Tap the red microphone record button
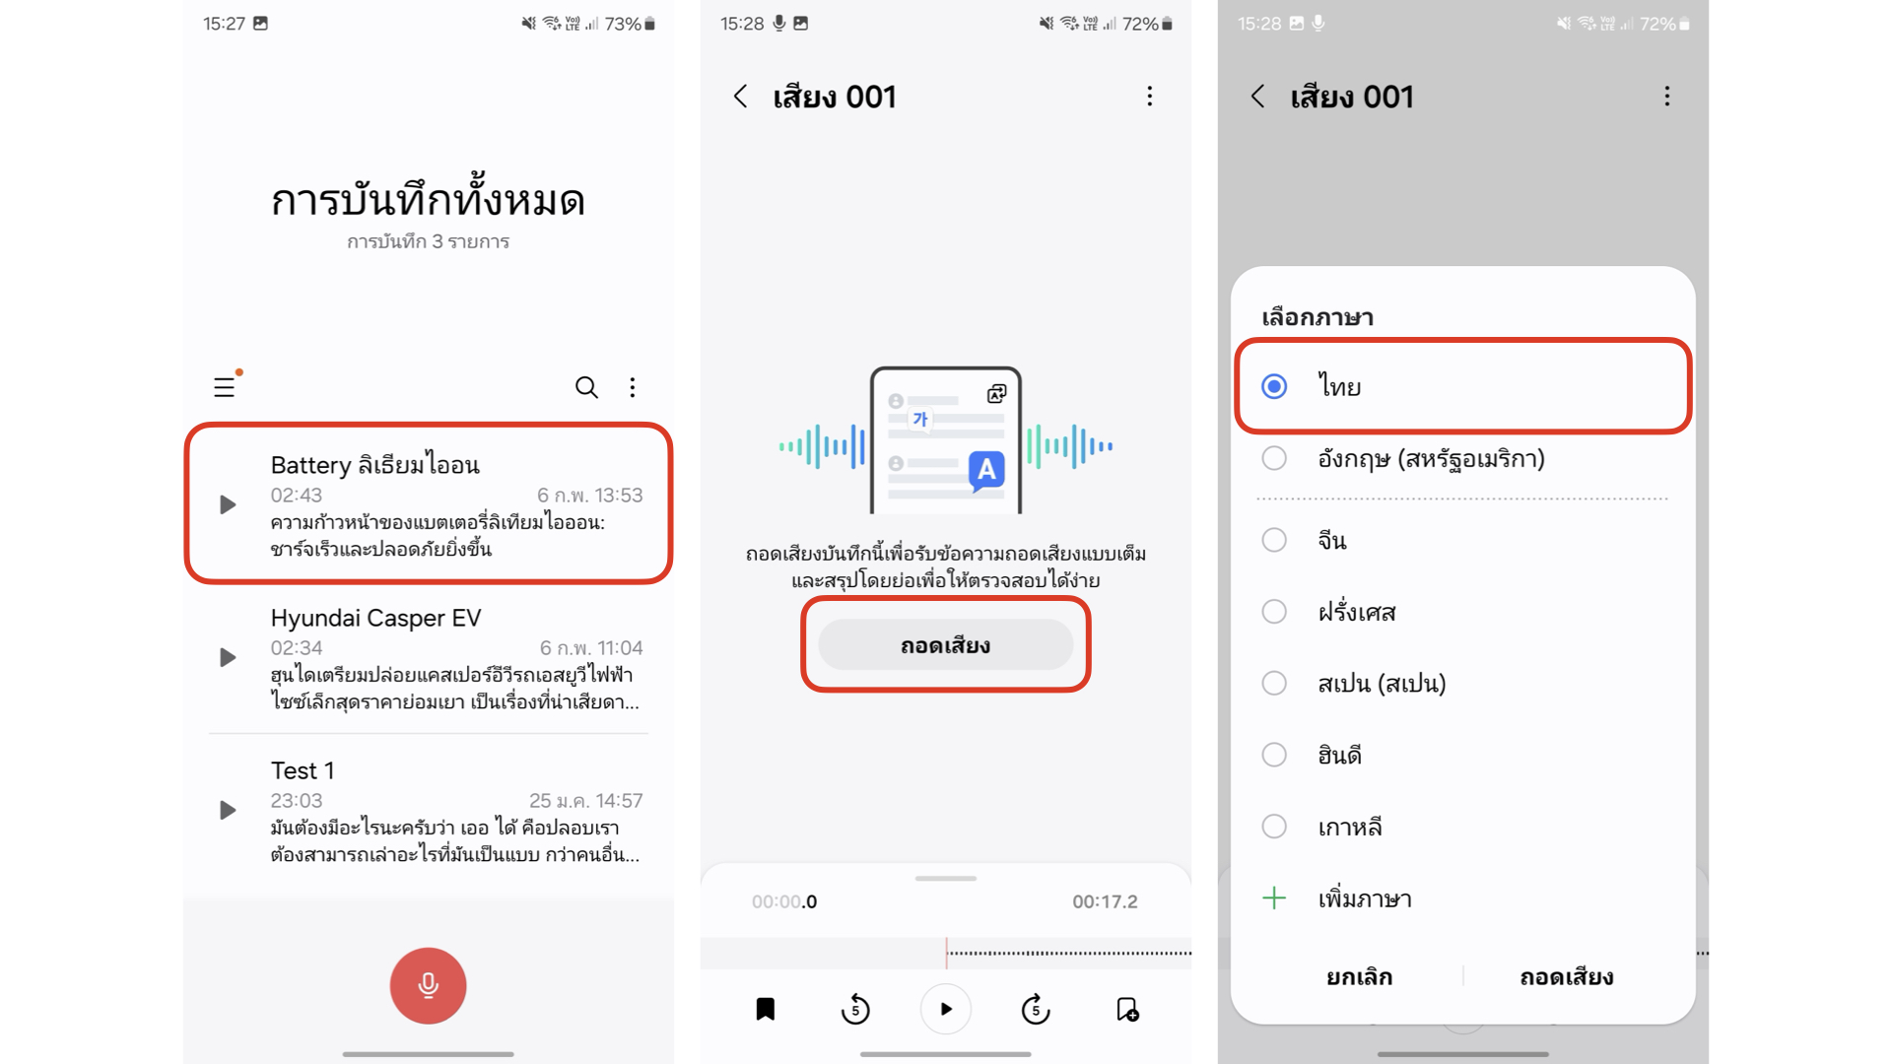(x=428, y=985)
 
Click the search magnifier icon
(x=586, y=387)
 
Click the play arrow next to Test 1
(x=228, y=810)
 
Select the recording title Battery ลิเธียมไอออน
(x=375, y=465)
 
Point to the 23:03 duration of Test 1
(x=297, y=800)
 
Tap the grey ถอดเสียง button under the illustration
(x=945, y=645)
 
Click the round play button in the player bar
(x=945, y=1009)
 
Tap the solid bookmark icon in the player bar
(x=766, y=1009)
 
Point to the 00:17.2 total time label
(x=1105, y=901)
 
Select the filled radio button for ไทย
(x=1274, y=386)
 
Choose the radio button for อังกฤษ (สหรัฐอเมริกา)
(x=1274, y=458)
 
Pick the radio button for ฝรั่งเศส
(x=1274, y=612)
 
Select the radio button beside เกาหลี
(x=1274, y=827)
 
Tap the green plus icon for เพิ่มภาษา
(x=1274, y=898)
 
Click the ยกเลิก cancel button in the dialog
(x=1359, y=976)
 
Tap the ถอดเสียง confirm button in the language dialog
(x=1566, y=976)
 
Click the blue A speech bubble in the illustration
(x=986, y=471)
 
